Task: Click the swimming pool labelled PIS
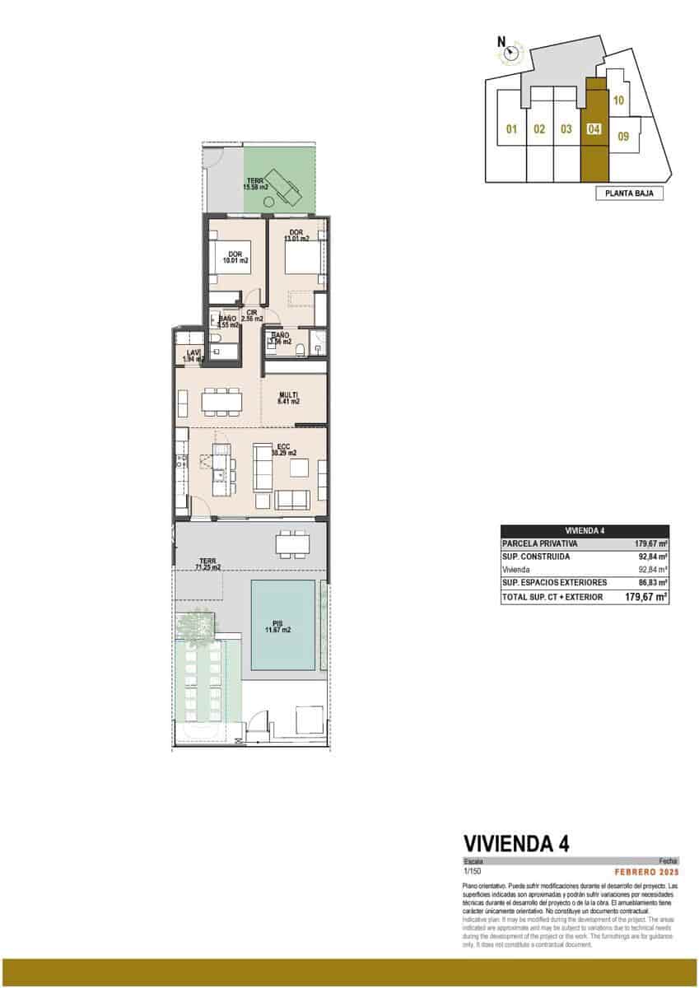282,626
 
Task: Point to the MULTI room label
288,398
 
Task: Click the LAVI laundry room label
193,356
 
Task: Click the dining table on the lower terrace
289,544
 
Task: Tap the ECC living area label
288,450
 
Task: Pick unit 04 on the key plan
594,129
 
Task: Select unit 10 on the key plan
619,100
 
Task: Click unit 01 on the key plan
510,129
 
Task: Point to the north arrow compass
511,54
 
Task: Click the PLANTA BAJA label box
628,194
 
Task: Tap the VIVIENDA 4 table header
585,532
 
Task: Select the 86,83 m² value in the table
652,582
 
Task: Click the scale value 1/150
472,870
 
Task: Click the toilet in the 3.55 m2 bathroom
216,338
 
